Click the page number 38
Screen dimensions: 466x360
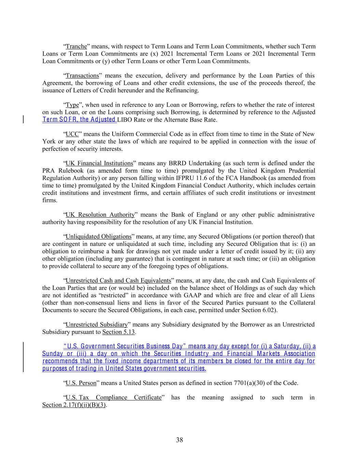[179, 440]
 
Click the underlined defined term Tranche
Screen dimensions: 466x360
[76, 46]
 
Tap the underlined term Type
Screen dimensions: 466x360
[72, 105]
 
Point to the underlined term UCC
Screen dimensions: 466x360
[72, 134]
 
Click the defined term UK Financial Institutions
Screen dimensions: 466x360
[99, 164]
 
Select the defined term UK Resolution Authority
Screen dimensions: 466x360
[100, 215]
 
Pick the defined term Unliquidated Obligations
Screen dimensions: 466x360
[98, 237]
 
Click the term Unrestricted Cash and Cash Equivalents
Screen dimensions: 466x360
[118, 281]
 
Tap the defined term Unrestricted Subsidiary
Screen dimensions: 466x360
[97, 324]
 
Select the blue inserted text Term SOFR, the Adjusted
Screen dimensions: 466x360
[79, 119]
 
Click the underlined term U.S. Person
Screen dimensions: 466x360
[81, 383]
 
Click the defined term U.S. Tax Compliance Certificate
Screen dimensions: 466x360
[113, 397]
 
